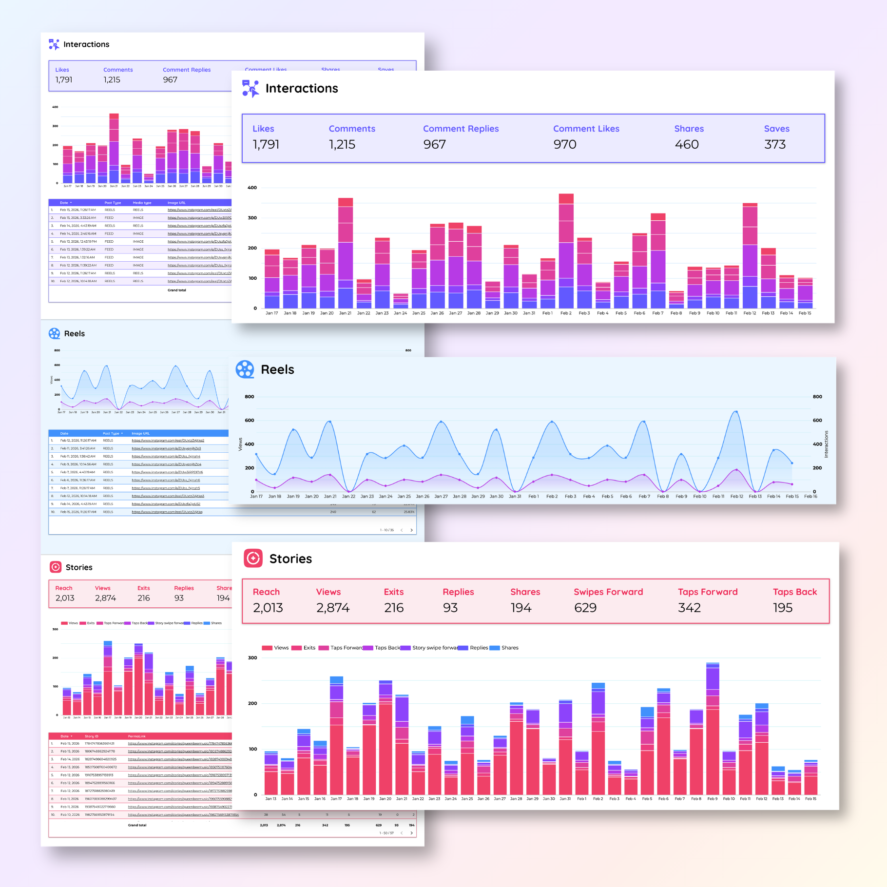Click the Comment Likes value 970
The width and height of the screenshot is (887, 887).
[x=564, y=144]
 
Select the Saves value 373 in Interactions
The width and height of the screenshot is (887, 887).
[x=774, y=144]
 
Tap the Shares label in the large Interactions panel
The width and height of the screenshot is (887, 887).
[x=689, y=129]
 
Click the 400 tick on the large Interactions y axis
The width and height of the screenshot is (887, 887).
[x=252, y=188]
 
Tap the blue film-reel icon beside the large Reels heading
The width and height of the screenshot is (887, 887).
[x=245, y=369]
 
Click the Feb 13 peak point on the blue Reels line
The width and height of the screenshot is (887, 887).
[x=736, y=412]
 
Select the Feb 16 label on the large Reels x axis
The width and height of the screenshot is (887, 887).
[x=810, y=496]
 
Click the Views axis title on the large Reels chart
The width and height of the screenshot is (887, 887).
[x=240, y=444]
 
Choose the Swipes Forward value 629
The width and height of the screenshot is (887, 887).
[x=585, y=608]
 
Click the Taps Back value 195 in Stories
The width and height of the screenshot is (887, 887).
[x=782, y=608]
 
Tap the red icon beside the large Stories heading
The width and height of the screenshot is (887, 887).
[x=253, y=559]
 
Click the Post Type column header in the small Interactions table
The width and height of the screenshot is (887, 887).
[x=113, y=203]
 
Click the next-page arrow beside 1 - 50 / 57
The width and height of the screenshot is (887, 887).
[x=411, y=833]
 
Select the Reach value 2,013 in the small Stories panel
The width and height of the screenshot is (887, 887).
[x=65, y=598]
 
